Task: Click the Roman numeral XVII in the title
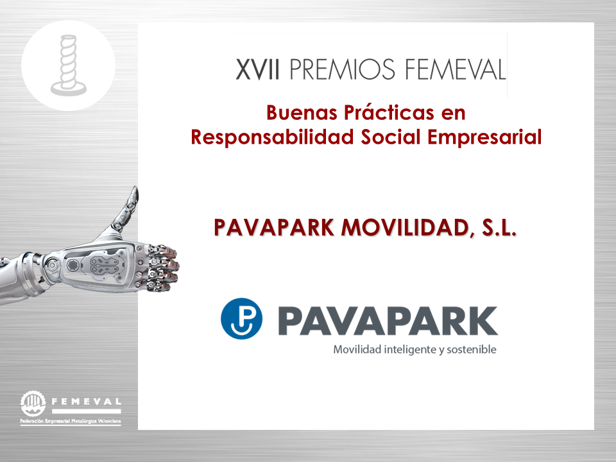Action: pos(258,69)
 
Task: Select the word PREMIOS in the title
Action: pos(342,69)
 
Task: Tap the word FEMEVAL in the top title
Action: pos(456,69)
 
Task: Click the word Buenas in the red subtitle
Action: pos(302,113)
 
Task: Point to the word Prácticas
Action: pos(389,113)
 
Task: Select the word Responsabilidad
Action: pos(272,137)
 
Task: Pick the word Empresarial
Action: pos(484,137)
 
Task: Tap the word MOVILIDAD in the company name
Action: pos(406,228)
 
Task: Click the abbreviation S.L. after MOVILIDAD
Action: pos(499,227)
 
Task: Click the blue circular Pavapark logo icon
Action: pos(242,319)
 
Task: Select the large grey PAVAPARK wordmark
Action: pos(388,321)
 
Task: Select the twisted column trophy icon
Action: pos(69,65)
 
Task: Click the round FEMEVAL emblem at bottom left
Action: pos(33,404)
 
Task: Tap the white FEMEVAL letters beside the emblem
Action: pos(87,402)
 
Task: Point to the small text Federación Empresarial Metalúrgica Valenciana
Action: pos(71,421)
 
